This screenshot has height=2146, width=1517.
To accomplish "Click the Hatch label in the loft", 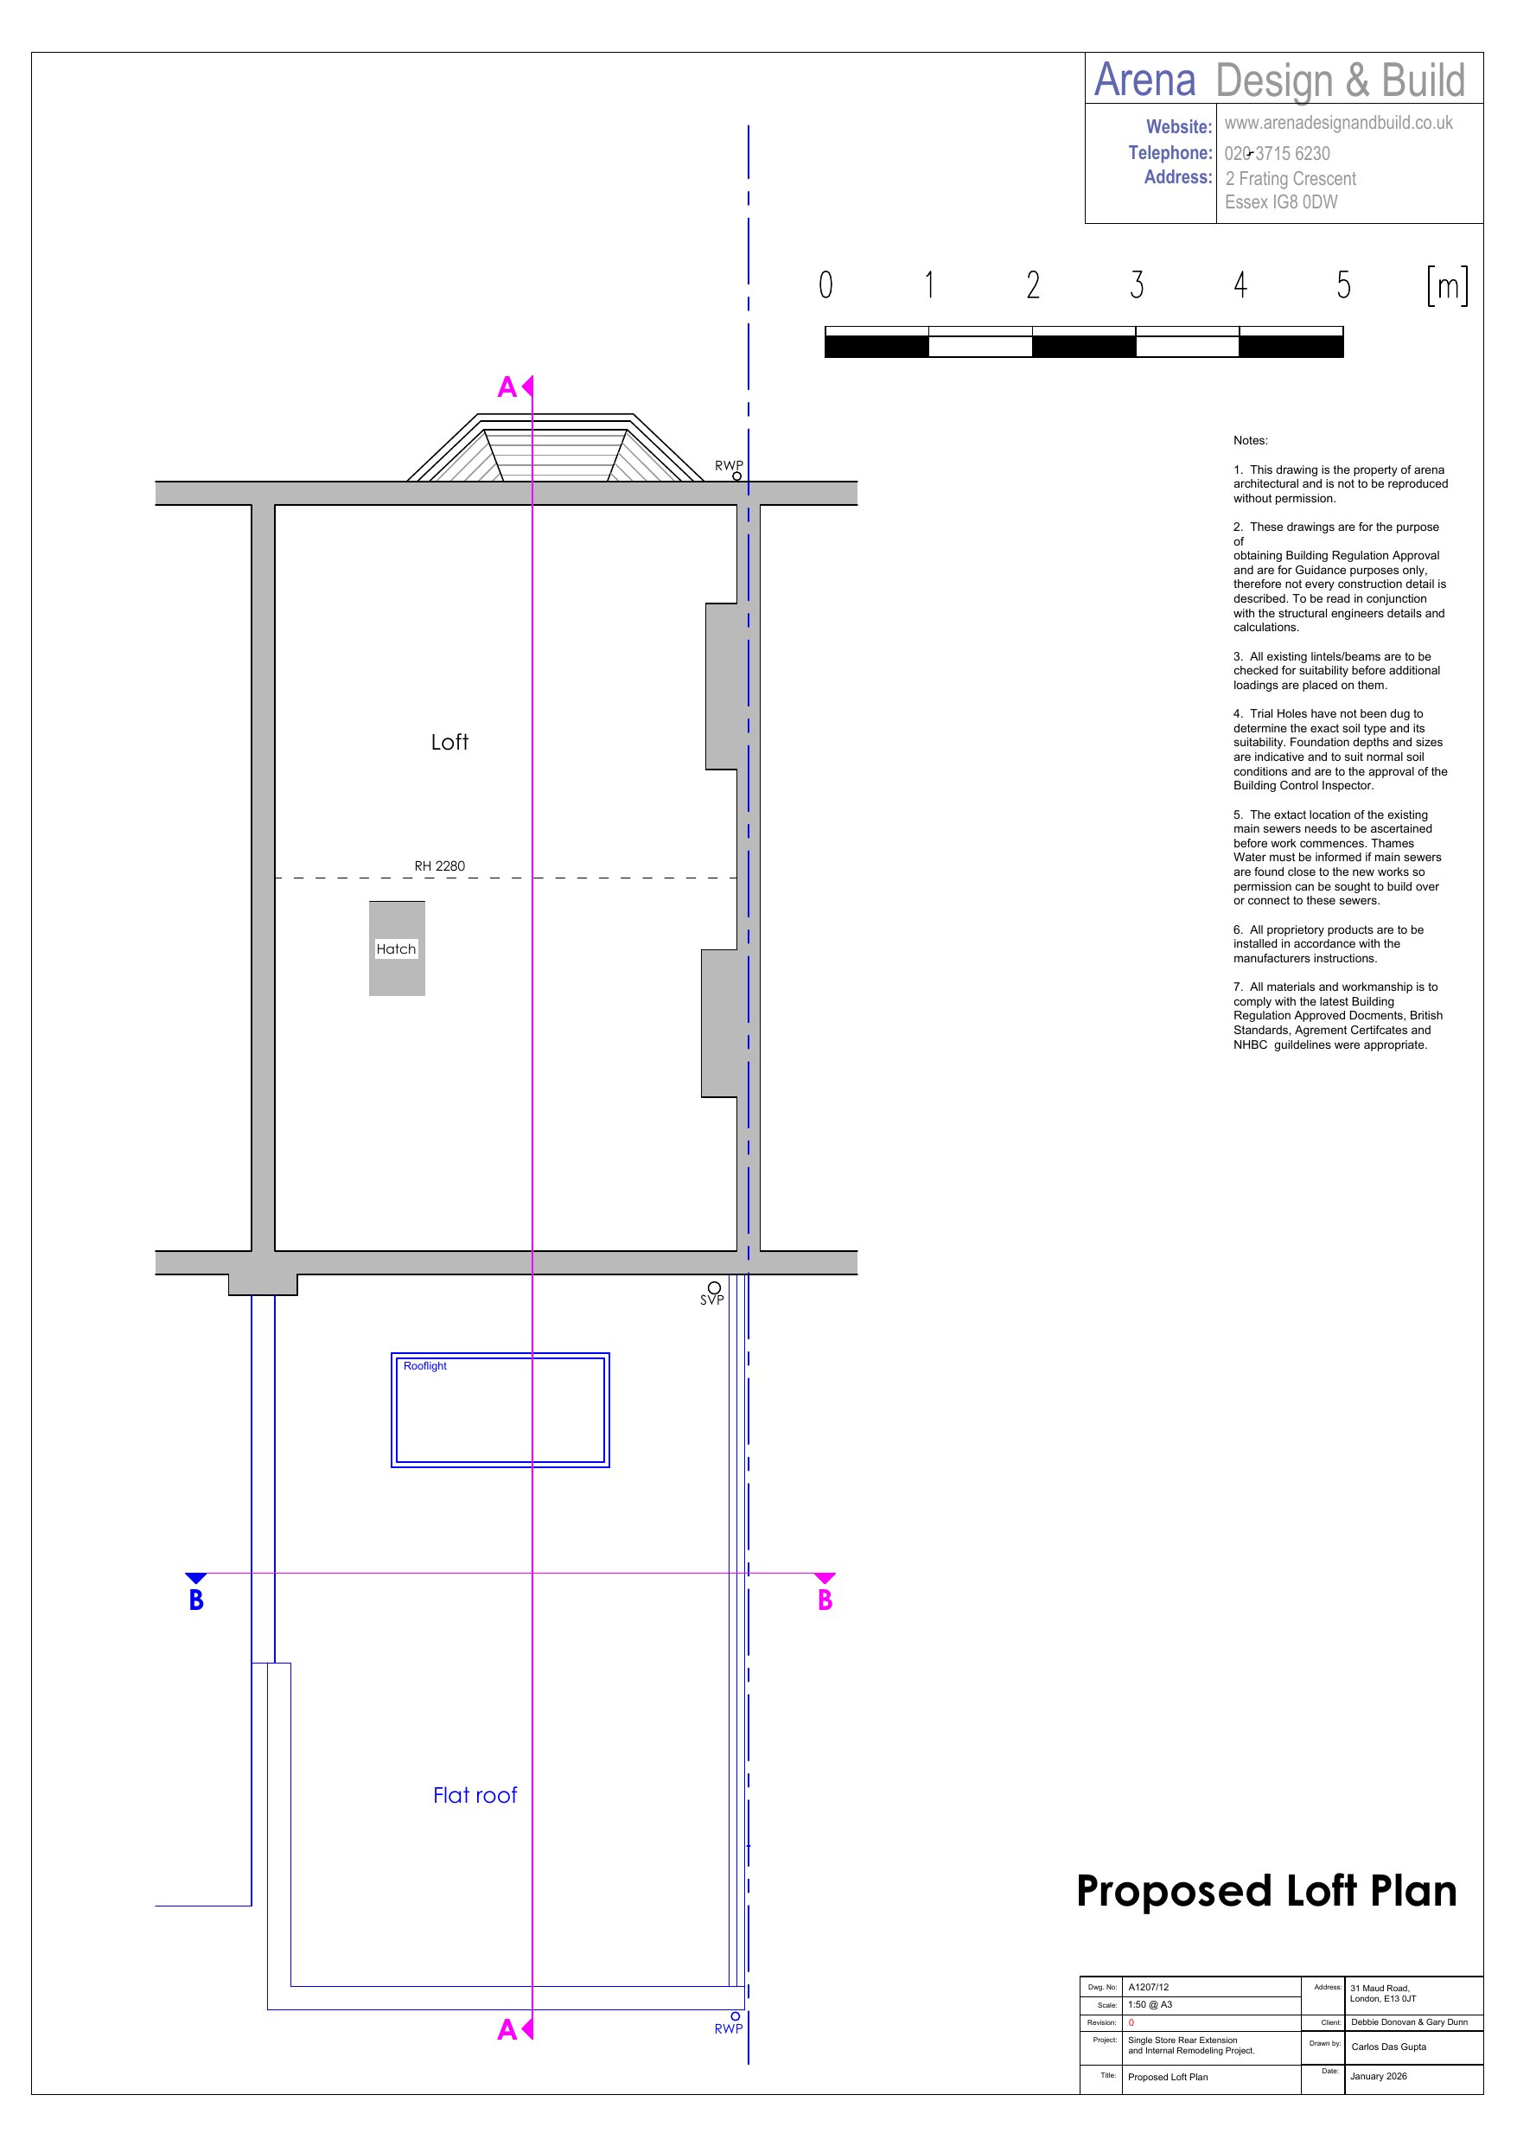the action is click(395, 948).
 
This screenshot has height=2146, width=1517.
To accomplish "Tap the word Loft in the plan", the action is click(449, 742).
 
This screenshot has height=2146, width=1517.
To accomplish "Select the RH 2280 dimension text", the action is click(439, 866).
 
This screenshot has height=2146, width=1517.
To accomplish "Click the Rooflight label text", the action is click(424, 1365).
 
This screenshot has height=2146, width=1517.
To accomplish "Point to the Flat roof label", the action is click(475, 1795).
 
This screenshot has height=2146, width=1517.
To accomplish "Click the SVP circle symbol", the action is click(714, 1287).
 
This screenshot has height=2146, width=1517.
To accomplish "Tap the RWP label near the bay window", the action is click(729, 465).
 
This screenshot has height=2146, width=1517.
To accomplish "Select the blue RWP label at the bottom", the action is click(728, 2028).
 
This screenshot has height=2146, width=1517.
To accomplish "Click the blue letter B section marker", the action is click(196, 1600).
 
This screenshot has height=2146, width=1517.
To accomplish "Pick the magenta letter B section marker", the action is click(825, 1600).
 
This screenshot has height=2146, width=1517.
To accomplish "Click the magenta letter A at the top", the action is click(507, 387).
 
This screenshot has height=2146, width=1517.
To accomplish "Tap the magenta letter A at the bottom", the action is click(507, 2029).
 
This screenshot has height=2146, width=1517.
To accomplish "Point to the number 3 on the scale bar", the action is click(1137, 284).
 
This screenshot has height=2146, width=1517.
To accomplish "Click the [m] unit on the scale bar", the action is click(1447, 285).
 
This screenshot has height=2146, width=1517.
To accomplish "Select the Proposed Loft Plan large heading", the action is click(1266, 1891).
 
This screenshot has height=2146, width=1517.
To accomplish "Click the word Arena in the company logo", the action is click(1145, 80).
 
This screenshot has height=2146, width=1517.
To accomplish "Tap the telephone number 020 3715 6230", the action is click(1277, 153).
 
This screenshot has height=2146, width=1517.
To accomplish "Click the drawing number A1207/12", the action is click(1148, 1987).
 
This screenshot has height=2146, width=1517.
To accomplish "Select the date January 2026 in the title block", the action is click(1379, 2077).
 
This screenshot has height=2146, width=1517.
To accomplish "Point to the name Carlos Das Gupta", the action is click(1389, 2047).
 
